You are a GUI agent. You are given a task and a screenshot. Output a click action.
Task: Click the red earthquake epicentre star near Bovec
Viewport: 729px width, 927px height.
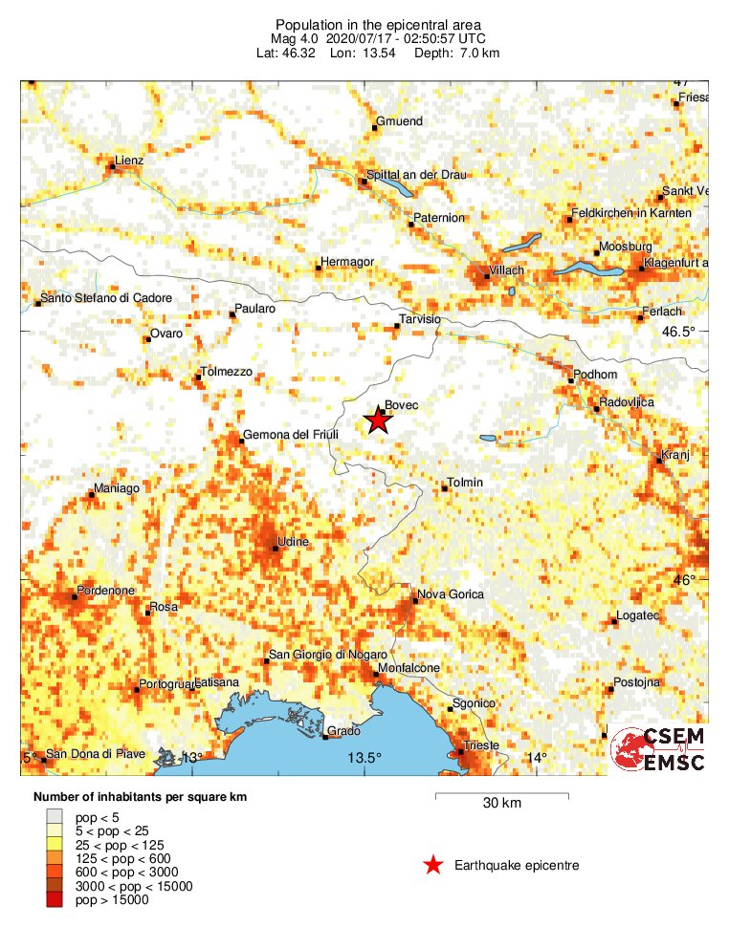379,420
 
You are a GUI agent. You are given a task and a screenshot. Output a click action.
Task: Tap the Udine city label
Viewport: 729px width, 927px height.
293,542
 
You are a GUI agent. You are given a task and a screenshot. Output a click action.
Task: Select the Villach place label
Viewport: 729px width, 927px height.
506,270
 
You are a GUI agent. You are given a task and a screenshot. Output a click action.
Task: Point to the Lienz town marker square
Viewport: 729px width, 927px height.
112,167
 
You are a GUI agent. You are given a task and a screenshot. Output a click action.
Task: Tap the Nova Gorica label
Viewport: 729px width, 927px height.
451,594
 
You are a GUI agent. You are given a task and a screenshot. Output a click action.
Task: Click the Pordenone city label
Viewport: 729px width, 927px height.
105,591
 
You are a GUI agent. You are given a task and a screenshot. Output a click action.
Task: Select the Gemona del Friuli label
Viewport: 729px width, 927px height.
290,435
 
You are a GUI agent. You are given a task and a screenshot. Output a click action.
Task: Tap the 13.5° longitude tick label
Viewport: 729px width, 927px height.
364,758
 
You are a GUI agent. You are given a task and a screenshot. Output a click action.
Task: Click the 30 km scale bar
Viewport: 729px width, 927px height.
502,795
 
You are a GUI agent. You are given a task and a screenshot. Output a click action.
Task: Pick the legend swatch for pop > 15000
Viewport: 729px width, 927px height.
57,899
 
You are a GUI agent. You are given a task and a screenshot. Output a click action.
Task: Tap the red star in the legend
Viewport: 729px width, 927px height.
433,866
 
